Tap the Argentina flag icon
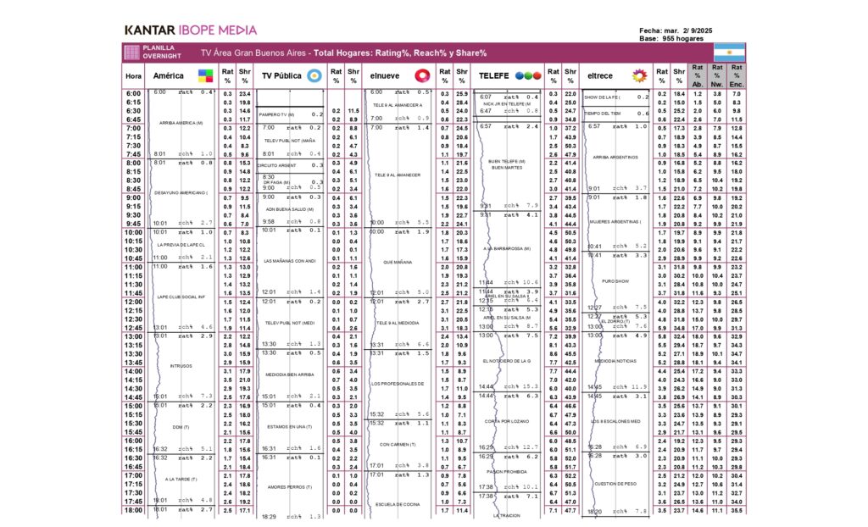(729, 52)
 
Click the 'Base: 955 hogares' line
(672, 38)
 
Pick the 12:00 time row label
(134, 302)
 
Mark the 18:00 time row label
(134, 510)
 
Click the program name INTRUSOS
(181, 366)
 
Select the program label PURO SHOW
(614, 280)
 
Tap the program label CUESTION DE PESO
(615, 484)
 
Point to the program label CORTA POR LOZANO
(508, 421)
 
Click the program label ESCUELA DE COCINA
(393, 503)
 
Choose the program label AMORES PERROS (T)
(290, 487)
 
